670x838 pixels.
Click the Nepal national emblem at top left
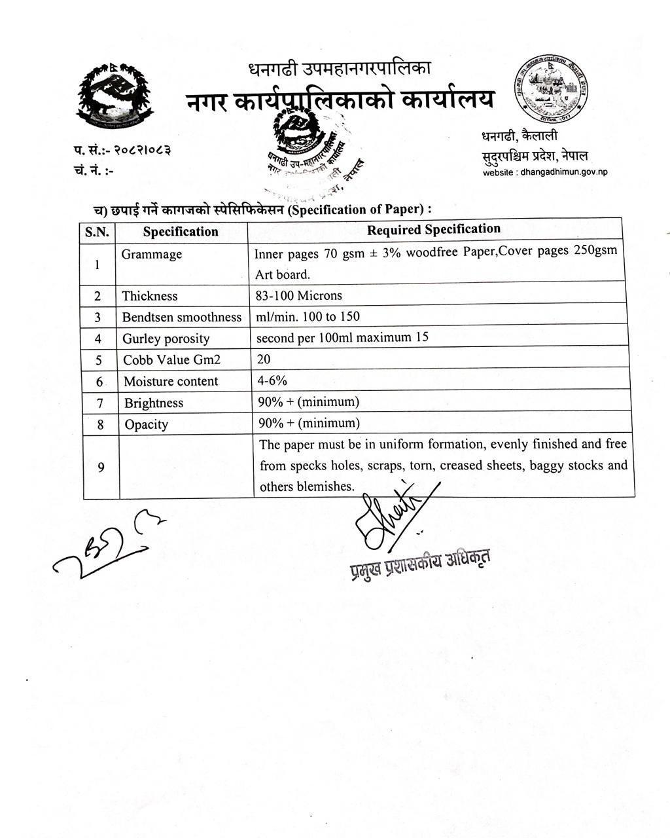point(115,95)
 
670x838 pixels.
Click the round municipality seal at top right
point(550,89)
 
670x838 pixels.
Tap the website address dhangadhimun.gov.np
point(545,172)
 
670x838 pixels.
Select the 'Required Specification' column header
point(433,229)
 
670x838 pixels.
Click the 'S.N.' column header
point(97,232)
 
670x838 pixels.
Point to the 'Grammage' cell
point(152,254)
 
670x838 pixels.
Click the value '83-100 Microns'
point(298,295)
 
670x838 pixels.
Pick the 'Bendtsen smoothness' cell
point(182,317)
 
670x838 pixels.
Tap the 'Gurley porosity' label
point(166,338)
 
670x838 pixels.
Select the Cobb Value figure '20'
point(264,359)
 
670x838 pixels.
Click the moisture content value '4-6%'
point(272,380)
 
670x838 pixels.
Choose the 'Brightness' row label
point(154,403)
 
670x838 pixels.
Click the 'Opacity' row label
point(147,424)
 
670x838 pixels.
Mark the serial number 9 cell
point(101,467)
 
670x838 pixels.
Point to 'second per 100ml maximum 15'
point(342,338)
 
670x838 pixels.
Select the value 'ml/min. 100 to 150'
point(308,316)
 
